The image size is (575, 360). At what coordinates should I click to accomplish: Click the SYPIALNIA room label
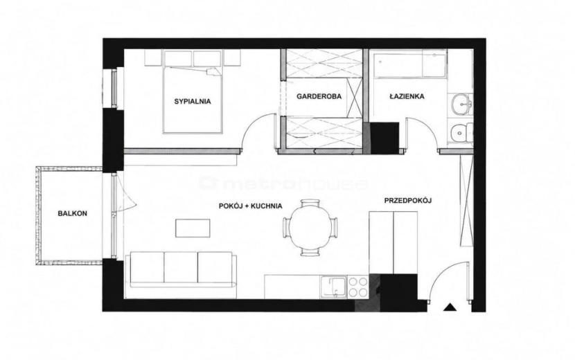[x=193, y=102]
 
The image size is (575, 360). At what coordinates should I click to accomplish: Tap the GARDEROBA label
[x=319, y=96]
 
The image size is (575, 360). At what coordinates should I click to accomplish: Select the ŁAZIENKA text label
[x=407, y=96]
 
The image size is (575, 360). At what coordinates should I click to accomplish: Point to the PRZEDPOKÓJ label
[x=408, y=201]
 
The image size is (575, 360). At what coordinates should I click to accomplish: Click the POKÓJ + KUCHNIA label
[x=251, y=206]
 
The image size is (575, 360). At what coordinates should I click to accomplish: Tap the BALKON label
[x=72, y=213]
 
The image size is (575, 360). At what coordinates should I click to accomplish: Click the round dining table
[x=310, y=227]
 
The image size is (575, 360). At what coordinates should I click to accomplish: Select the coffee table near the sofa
[x=193, y=228]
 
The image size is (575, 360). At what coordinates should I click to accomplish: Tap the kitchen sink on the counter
[x=333, y=287]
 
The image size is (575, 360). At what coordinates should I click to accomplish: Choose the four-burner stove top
[x=358, y=287]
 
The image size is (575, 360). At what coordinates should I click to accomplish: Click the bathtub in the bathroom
[x=410, y=64]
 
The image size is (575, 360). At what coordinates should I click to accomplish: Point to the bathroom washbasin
[x=460, y=105]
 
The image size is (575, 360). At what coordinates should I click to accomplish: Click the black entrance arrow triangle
[x=449, y=307]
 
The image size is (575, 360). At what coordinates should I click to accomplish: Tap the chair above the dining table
[x=310, y=204]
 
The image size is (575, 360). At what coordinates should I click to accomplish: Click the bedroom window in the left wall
[x=114, y=88]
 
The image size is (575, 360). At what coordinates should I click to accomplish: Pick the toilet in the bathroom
[x=461, y=132]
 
